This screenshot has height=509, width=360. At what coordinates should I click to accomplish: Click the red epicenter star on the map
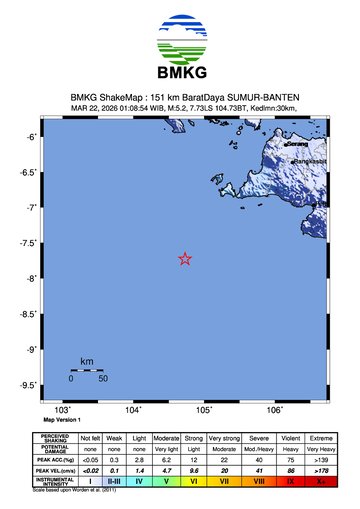pos(185,259)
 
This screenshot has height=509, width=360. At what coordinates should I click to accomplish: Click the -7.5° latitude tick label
pos(31,243)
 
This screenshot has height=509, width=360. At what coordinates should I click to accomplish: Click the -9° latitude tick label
pos(33,349)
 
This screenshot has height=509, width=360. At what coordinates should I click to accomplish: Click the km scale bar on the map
pos(87,370)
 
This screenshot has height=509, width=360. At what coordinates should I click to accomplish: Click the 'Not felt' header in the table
pos(90,438)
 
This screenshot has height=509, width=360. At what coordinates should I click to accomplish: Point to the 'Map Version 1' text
pos(62,420)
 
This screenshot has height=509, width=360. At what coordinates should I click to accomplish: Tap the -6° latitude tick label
pos(33,137)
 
